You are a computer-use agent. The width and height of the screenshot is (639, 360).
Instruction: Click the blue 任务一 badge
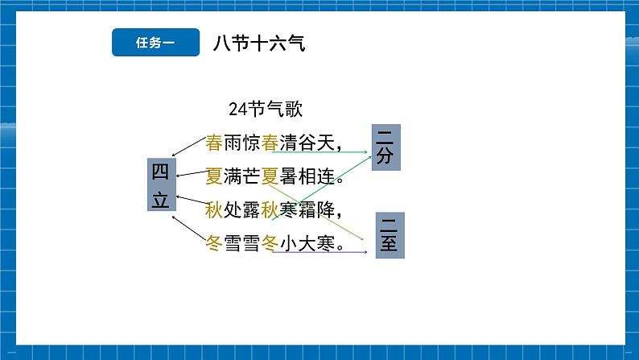[155, 42]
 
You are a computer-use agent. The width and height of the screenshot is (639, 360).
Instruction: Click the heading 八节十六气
[259, 43]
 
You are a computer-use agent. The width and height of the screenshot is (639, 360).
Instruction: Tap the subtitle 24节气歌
[266, 110]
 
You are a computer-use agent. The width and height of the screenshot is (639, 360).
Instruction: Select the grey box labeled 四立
[162, 184]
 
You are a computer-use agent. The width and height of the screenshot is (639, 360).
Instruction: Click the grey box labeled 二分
[386, 147]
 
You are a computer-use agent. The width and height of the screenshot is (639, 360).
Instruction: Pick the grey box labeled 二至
[390, 235]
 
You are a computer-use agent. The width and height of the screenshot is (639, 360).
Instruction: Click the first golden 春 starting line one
[214, 143]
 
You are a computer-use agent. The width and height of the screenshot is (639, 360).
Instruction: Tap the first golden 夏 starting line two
[214, 176]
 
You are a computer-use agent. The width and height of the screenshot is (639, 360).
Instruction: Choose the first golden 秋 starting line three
[214, 210]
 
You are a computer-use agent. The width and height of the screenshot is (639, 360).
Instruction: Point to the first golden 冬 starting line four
[214, 243]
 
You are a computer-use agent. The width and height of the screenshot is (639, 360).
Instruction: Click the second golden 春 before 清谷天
[270, 143]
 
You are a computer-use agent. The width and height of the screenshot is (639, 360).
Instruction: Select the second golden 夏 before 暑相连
[270, 176]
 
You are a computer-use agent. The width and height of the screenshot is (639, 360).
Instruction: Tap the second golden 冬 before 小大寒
[270, 243]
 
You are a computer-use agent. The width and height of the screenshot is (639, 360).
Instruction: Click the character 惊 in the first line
[251, 143]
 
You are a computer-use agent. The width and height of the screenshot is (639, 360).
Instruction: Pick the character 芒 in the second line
[251, 176]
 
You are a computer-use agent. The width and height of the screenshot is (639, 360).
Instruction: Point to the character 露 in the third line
[251, 210]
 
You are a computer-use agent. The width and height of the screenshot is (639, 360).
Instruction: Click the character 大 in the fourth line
[307, 243]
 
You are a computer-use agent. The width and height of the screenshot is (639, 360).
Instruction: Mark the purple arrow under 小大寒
[320, 252]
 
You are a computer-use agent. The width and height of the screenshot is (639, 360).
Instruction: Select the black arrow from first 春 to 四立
[188, 147]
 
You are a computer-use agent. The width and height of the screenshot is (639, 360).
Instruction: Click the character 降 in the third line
[326, 210]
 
